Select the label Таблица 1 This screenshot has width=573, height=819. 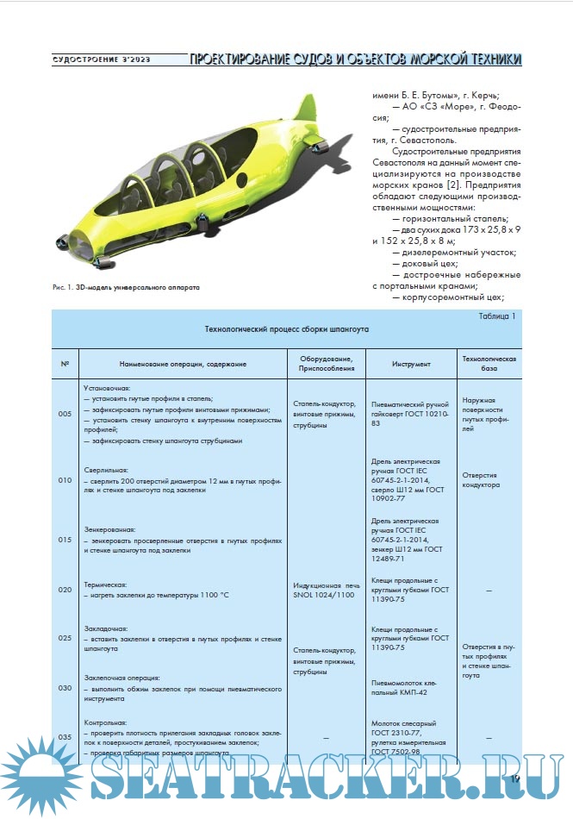[497, 316]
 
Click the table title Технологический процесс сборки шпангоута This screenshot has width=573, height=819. [286, 329]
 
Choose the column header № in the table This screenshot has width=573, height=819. [65, 364]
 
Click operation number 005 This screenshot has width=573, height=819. [65, 414]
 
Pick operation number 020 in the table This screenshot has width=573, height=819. [65, 590]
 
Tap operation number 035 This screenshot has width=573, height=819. [65, 737]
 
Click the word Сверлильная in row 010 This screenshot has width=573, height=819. [105, 472]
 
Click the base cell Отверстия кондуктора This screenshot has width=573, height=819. [481, 479]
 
